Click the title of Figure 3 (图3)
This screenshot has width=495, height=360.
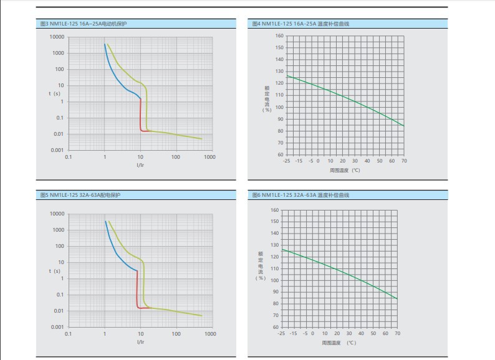point(84,23)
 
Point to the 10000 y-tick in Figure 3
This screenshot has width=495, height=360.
point(57,37)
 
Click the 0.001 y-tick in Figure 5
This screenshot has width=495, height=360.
point(57,327)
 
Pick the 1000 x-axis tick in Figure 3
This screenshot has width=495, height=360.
point(209,157)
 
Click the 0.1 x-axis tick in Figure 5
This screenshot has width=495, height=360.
point(69,334)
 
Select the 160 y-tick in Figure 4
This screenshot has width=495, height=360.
point(280,36)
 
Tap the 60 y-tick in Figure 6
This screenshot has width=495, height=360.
point(276,326)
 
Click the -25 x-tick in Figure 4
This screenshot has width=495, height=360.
point(286,161)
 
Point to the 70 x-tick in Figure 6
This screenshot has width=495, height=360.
point(396,334)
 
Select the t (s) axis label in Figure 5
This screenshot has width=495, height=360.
point(55,271)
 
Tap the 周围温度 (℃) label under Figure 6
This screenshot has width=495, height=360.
point(339,343)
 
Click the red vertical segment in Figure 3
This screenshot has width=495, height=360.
point(141,115)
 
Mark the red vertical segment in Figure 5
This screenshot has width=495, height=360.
point(137,290)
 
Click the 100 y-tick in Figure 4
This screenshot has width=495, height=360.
point(280,107)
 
